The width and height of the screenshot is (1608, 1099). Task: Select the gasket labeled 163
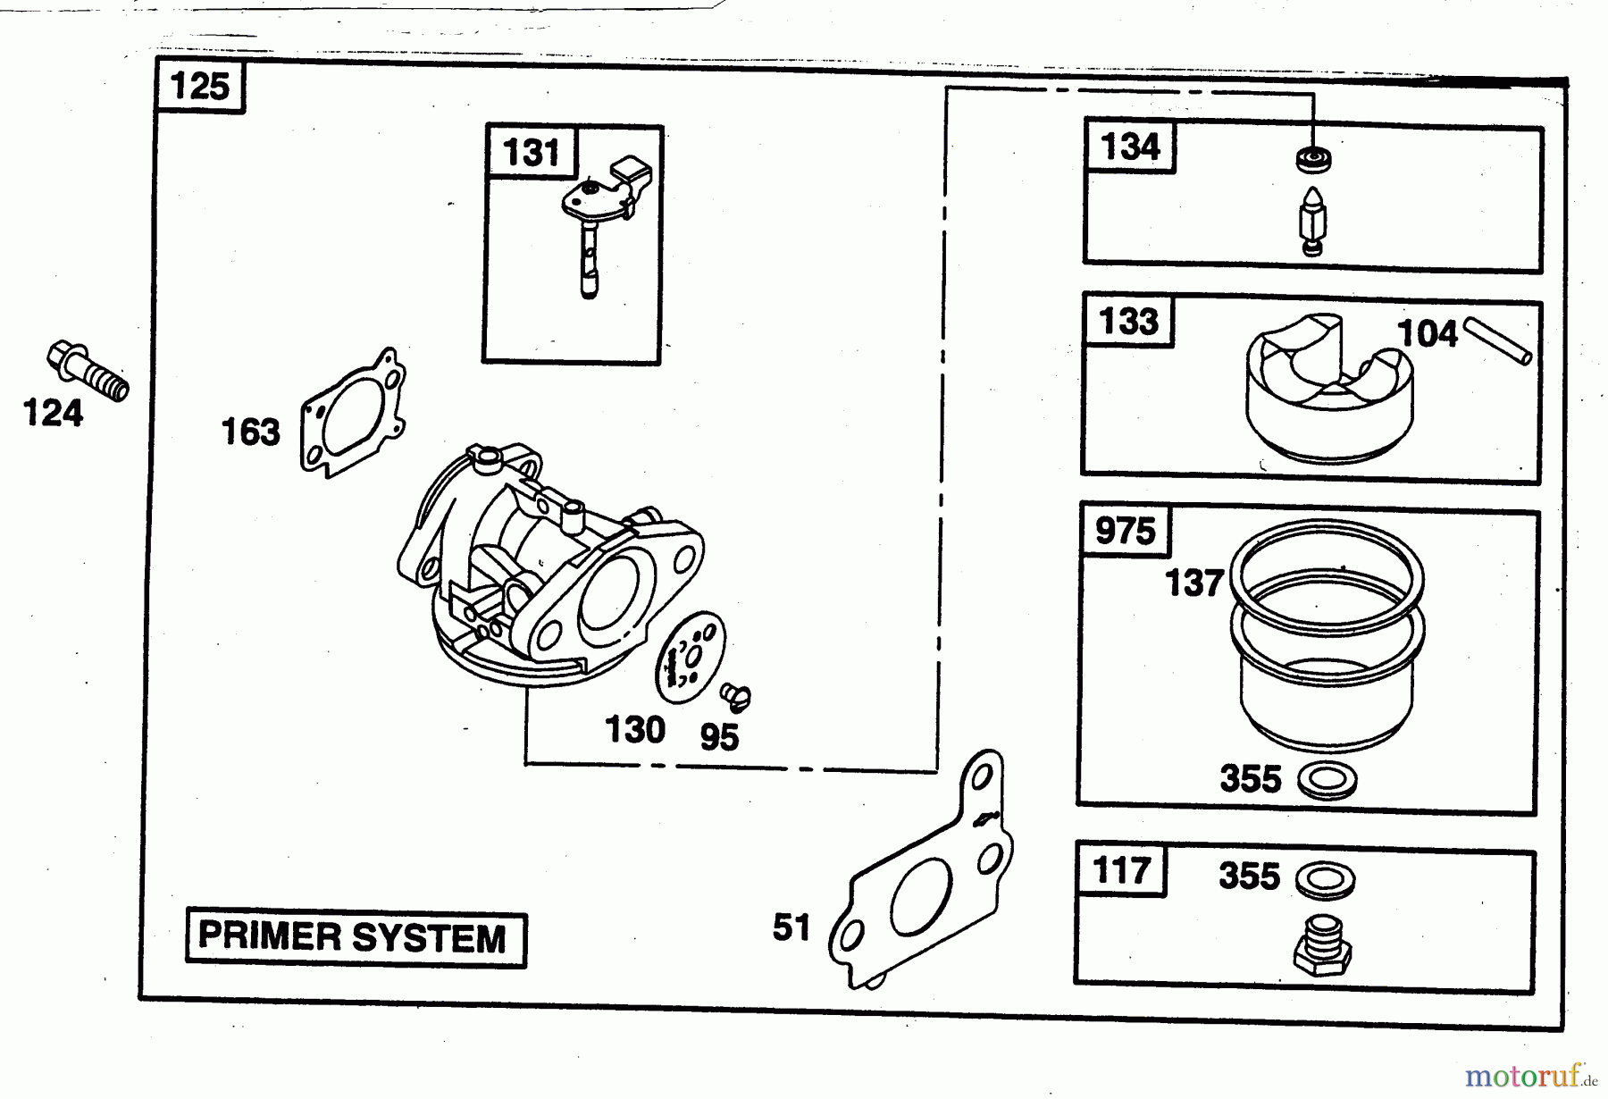(x=352, y=413)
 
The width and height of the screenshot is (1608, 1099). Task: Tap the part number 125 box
(x=200, y=87)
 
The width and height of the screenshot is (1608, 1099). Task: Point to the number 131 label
(x=532, y=153)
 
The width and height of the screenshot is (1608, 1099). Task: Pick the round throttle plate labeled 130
(x=690, y=659)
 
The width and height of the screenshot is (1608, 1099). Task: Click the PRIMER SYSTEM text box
(x=355, y=938)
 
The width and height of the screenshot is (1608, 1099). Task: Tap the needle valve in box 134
(x=1311, y=222)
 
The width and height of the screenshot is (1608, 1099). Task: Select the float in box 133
(x=1329, y=390)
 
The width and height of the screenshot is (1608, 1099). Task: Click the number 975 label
(x=1126, y=532)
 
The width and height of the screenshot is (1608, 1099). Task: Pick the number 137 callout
(x=1193, y=583)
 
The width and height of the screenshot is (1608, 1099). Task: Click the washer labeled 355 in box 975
(x=1327, y=780)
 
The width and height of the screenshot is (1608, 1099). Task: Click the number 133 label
(x=1129, y=322)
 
